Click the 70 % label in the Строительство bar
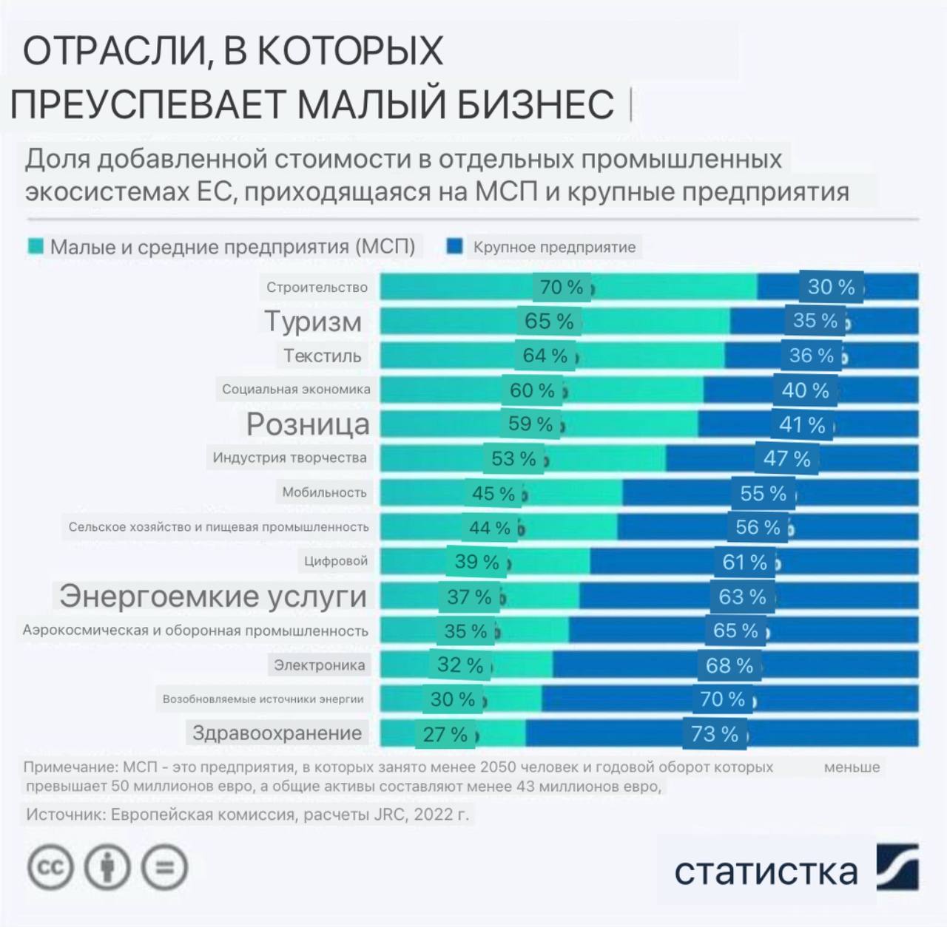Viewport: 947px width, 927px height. pyautogui.click(x=562, y=287)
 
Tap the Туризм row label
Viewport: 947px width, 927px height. pyautogui.click(x=313, y=322)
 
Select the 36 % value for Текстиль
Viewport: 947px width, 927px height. pyautogui.click(x=811, y=356)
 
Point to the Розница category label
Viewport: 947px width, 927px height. pyautogui.click(x=308, y=424)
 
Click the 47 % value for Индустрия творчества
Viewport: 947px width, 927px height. pyautogui.click(x=787, y=458)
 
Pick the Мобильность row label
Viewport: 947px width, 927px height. pyautogui.click(x=324, y=492)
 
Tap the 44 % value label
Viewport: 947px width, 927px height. pyautogui.click(x=490, y=528)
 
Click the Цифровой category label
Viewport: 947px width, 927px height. pyautogui.click(x=335, y=561)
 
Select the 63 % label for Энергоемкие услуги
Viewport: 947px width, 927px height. pyautogui.click(x=742, y=597)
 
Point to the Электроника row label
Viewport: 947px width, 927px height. pyautogui.click(x=319, y=665)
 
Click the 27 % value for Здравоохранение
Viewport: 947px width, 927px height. pyautogui.click(x=445, y=734)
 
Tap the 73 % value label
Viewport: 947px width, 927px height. pyautogui.click(x=714, y=734)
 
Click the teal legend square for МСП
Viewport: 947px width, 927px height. pyautogui.click(x=35, y=247)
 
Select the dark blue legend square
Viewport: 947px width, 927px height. pyautogui.click(x=454, y=246)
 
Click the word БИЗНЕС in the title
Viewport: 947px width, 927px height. pyautogui.click(x=535, y=104)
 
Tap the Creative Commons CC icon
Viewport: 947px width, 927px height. pyautogui.click(x=50, y=867)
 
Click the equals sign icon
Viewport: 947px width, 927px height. pyautogui.click(x=165, y=867)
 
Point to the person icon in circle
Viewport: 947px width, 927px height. pyautogui.click(x=107, y=867)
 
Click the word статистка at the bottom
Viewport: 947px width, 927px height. pyautogui.click(x=765, y=872)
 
